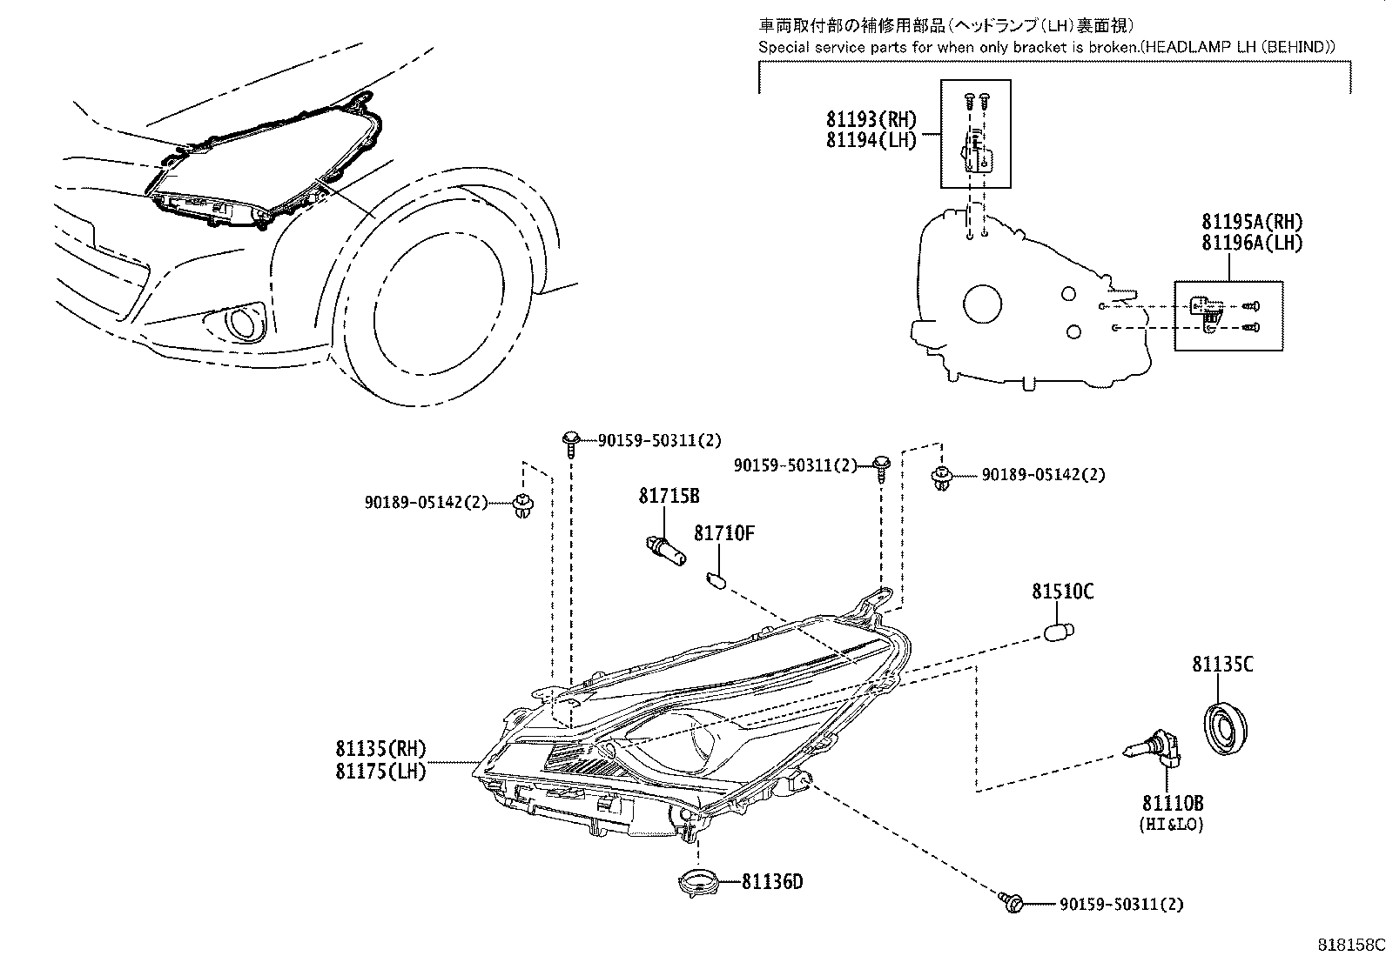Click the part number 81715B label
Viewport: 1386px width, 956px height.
tap(669, 497)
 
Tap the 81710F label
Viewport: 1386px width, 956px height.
tap(723, 533)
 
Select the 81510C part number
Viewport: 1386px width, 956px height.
tap(1063, 592)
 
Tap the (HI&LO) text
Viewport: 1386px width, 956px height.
tap(1172, 824)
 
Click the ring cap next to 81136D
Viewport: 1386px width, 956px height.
tap(700, 881)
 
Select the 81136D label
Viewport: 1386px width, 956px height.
tap(772, 882)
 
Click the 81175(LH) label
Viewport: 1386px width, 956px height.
tap(380, 771)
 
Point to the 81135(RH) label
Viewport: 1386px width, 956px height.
tap(380, 748)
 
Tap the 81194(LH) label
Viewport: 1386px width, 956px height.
tap(871, 141)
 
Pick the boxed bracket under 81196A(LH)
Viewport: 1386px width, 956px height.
tap(1228, 316)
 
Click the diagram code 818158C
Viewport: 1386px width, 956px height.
tap(1349, 945)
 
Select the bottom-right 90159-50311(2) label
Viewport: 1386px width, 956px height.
tap(1121, 905)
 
